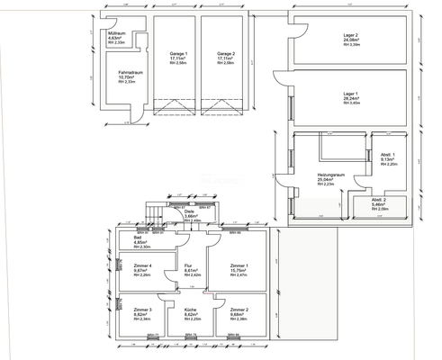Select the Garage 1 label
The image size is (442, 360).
point(167,54)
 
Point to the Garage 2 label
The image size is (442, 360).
point(225,54)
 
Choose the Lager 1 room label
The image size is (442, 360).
point(351,94)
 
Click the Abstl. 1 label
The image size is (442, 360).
point(386,156)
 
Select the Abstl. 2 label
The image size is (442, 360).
point(379,200)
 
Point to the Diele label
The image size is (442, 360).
point(189,211)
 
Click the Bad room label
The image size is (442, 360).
point(138,238)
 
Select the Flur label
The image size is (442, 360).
point(189,266)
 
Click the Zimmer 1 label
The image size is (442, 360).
point(239,266)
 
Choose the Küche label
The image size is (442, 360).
point(190,310)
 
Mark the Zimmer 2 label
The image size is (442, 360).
point(239,310)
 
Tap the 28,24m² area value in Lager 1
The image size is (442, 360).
point(351,100)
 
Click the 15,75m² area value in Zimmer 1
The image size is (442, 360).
point(239,271)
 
